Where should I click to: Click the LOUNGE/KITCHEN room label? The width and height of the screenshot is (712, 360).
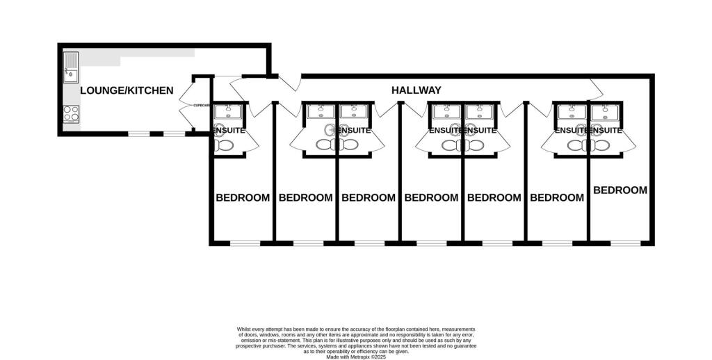tap(126, 90)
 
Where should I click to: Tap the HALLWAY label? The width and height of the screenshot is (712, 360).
tap(416, 90)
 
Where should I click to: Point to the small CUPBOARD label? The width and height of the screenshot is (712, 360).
tap(201, 106)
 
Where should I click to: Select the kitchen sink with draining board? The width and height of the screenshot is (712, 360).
tap(71, 68)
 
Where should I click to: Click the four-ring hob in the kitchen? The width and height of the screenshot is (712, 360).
tap(71, 113)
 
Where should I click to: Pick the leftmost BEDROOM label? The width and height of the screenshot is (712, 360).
tap(243, 197)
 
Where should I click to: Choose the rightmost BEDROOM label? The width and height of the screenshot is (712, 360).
tap(620, 190)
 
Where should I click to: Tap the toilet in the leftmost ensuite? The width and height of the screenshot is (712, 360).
tap(225, 145)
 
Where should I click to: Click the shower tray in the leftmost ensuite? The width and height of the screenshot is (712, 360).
tap(227, 111)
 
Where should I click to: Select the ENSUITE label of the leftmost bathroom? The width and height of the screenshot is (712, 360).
tap(228, 130)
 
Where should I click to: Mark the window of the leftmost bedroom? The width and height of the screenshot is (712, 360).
tap(244, 243)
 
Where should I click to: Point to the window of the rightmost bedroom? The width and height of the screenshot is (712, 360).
tap(625, 243)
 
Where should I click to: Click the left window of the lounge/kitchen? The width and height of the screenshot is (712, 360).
tap(139, 133)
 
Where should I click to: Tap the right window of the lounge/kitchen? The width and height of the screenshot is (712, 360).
tap(175, 133)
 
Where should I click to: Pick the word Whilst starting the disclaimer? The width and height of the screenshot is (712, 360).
tap(245, 329)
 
